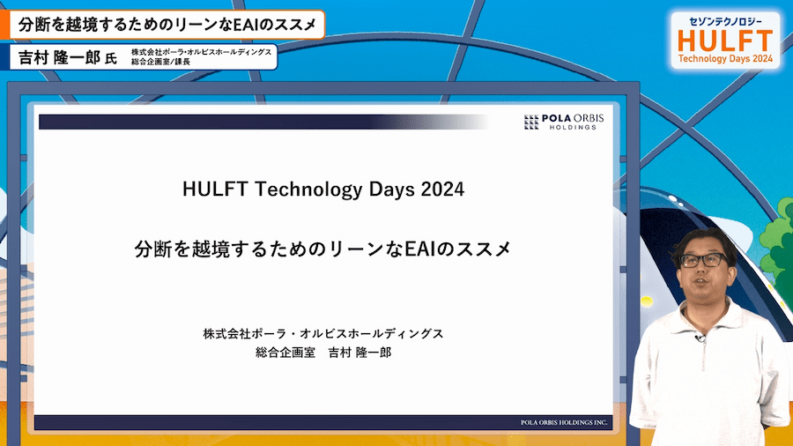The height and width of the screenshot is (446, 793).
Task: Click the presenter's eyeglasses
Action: tap(703, 260)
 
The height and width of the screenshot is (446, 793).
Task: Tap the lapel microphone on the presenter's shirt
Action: tap(700, 338)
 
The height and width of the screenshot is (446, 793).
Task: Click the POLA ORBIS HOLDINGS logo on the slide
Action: tap(564, 122)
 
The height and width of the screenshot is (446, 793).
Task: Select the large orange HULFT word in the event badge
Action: tap(725, 41)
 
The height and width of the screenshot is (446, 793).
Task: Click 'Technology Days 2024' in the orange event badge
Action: tap(725, 59)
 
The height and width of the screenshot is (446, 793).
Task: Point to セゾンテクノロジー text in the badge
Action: tap(725, 21)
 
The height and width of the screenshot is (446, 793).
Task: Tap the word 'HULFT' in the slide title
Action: tap(215, 190)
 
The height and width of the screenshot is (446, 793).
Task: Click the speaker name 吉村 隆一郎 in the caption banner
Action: tap(59, 57)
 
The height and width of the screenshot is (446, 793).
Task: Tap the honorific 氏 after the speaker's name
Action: tap(111, 59)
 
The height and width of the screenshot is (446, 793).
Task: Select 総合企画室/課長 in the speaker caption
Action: tap(160, 62)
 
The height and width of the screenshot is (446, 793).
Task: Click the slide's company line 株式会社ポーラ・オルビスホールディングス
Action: tap(323, 334)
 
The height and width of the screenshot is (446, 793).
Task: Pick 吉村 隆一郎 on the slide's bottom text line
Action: tap(359, 353)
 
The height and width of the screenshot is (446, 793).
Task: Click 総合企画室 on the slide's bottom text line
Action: tap(285, 353)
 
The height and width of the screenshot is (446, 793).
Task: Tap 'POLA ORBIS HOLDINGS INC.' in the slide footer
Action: tap(564, 422)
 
